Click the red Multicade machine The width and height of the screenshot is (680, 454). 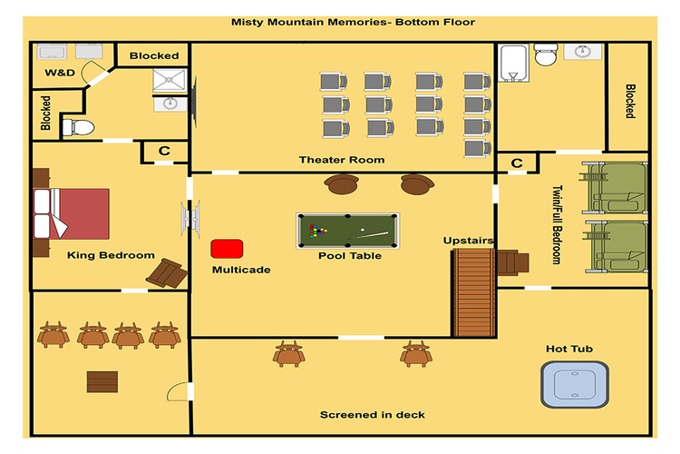tap(227, 249)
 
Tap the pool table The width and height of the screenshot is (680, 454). tap(348, 231)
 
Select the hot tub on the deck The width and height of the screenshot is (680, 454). tap(575, 384)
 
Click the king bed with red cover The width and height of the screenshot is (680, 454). tap(72, 213)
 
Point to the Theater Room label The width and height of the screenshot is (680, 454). tap(342, 160)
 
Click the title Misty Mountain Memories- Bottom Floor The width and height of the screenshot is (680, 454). tap(353, 22)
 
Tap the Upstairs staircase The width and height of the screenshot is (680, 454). tap(474, 292)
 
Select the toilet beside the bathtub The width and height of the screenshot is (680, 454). tap(546, 54)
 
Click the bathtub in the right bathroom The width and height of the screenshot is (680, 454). tap(514, 63)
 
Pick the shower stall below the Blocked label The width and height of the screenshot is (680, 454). tap(170, 81)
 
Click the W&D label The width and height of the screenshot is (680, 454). tap(60, 73)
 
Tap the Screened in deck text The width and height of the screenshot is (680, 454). tap(373, 415)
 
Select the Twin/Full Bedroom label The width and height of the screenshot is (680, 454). tap(557, 225)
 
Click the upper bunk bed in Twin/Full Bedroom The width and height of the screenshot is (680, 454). tap(614, 187)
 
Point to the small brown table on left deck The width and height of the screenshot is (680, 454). tap(102, 382)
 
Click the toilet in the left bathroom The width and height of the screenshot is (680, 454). tap(78, 128)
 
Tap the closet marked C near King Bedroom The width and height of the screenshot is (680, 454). tap(164, 152)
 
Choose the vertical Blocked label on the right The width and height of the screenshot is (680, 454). tap(630, 101)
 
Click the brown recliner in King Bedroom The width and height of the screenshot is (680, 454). tap(167, 273)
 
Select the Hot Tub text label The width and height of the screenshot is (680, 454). tap(569, 349)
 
